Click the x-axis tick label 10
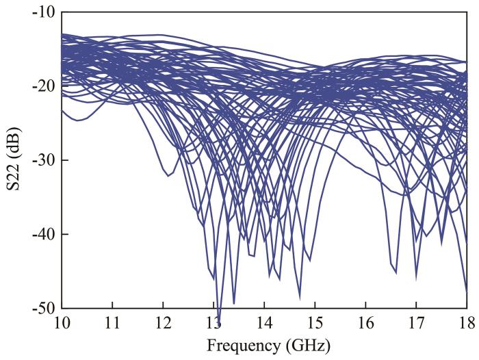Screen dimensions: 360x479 (62, 322)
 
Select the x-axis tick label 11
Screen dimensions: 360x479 (112, 322)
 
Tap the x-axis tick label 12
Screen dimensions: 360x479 (163, 322)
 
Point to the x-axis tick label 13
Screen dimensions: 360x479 (213, 322)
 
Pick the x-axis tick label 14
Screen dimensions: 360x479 (264, 322)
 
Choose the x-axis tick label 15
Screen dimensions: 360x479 (315, 322)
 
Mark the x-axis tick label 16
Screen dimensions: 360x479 (365, 322)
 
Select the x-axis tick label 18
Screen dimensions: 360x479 (466, 322)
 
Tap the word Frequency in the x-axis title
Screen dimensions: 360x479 (236, 344)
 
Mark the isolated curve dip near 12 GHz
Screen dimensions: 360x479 (167, 176)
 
